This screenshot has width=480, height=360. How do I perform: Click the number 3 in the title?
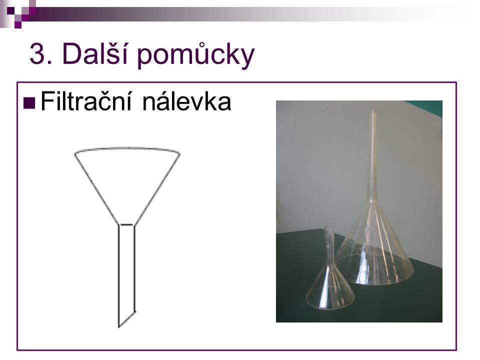[x=37, y=54]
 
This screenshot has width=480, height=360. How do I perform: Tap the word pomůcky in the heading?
[x=196, y=55]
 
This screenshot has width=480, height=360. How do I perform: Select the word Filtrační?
[x=86, y=101]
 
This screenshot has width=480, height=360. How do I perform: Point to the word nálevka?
[x=186, y=101]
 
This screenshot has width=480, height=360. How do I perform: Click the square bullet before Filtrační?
[x=29, y=103]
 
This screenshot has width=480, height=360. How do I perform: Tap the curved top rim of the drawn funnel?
[x=127, y=148]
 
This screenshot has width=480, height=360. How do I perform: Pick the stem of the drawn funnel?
[x=127, y=275]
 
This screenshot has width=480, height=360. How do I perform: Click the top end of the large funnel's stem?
[x=372, y=109]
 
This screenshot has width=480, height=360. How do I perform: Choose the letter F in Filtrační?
[x=46, y=101]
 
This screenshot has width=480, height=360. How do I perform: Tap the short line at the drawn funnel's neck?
[x=126, y=225]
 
